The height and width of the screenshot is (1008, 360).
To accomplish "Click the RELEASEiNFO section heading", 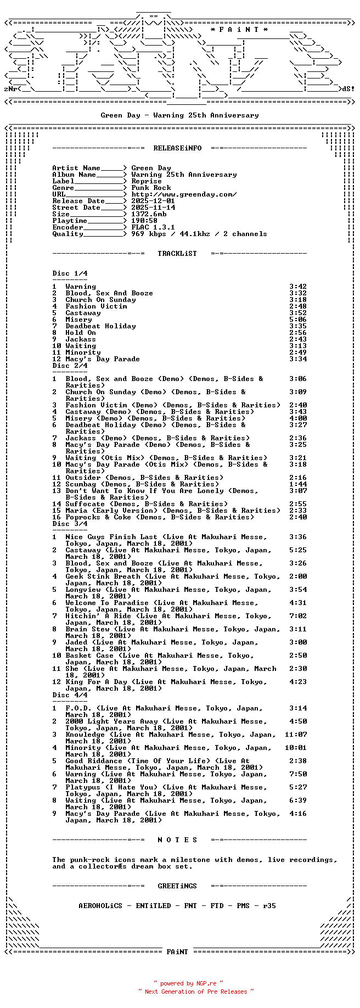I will [177, 148].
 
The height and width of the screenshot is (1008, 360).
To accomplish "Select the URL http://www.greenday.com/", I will [184, 194].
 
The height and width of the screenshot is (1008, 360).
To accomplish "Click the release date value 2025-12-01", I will [153, 201].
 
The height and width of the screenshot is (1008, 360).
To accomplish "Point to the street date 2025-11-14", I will [153, 208].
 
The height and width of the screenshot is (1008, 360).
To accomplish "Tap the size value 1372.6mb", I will [149, 214].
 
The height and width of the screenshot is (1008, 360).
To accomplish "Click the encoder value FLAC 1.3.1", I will [153, 227].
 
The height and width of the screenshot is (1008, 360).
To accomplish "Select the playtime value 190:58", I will [144, 221].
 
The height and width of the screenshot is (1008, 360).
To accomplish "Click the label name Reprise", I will [147, 181].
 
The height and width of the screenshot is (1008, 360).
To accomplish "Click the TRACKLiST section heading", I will [177, 254].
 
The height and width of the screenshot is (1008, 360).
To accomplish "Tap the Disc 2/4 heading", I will [70, 366].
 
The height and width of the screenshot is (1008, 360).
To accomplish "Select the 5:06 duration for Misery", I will [298, 320].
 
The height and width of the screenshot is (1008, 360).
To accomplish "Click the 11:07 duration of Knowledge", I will [296, 735].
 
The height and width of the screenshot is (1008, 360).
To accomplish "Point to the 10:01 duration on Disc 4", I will [296, 748].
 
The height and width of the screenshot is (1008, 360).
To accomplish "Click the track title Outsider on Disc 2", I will [83, 478].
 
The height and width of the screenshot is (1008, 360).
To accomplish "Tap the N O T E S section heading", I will [177, 840].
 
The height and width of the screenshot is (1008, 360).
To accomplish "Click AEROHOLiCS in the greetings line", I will [100, 906].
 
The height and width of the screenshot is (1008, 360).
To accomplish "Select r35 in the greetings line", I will [269, 906].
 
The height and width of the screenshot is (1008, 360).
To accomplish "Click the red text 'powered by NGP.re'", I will [188, 983].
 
